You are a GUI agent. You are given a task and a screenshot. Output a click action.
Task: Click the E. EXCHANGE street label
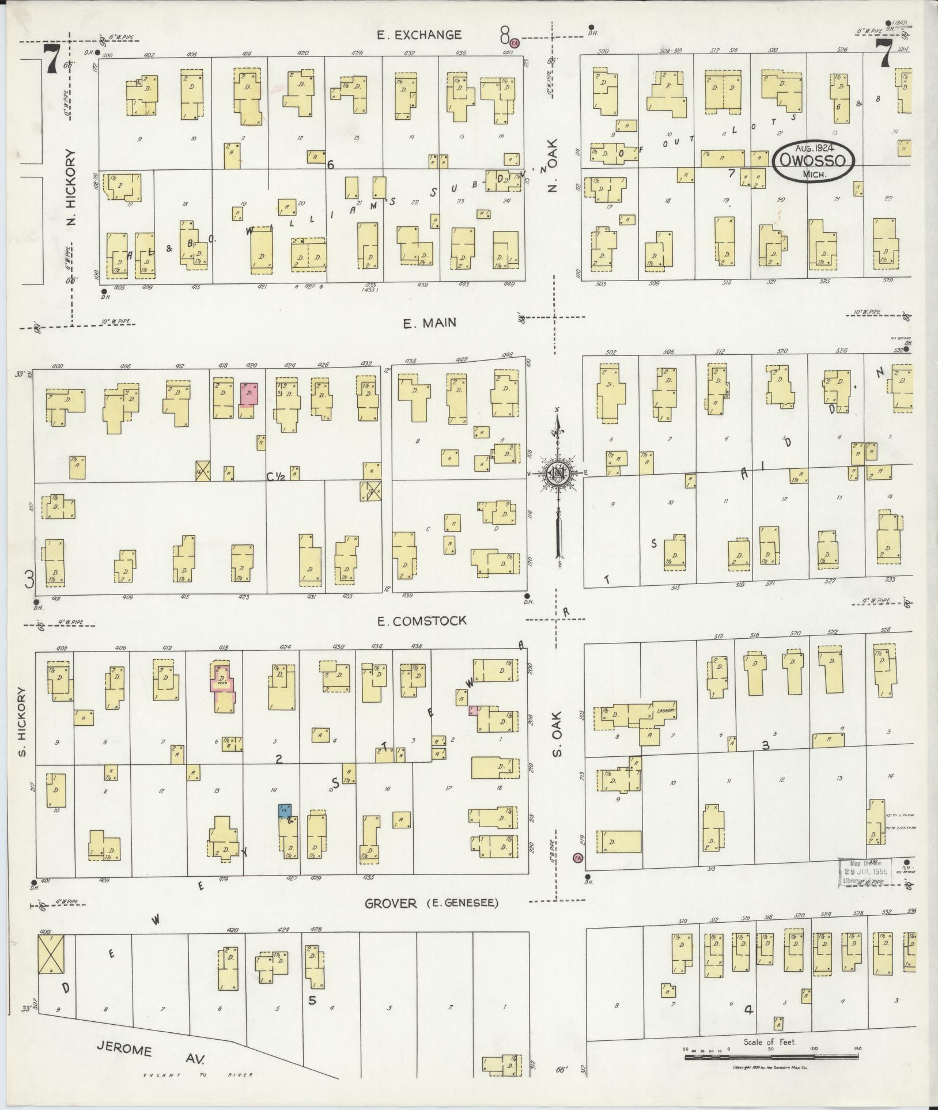[427, 35]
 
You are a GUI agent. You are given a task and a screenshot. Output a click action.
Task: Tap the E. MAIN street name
[429, 323]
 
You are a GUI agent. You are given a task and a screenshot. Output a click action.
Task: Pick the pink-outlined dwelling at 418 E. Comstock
[222, 685]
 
